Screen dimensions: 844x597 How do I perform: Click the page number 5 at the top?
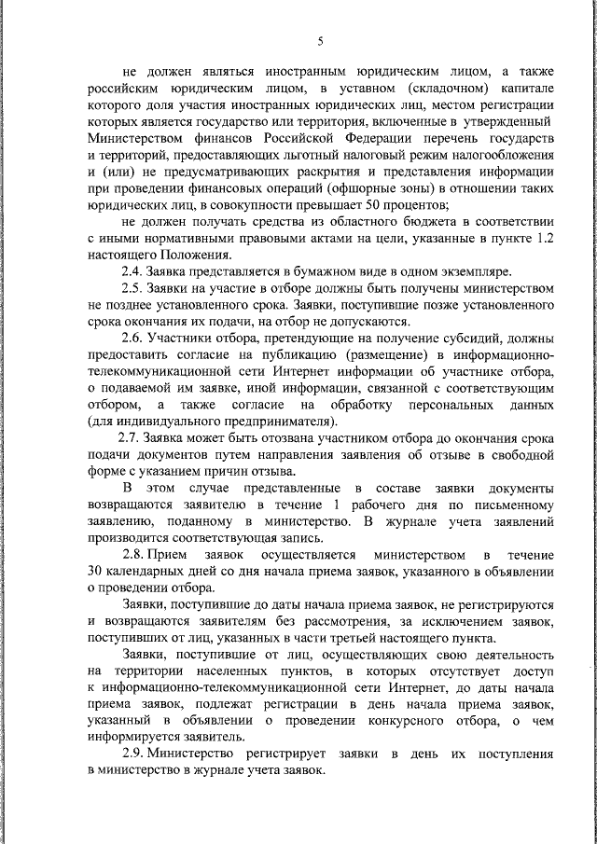click(319, 41)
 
